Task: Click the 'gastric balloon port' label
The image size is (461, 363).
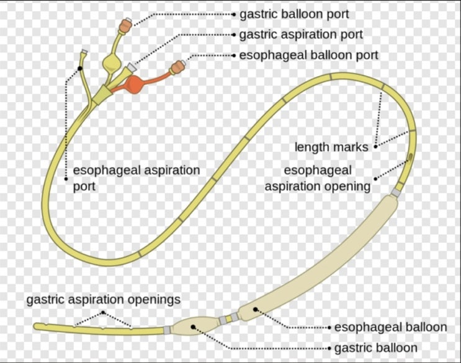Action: [x=294, y=14]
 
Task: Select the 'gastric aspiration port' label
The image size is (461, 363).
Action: [x=301, y=35]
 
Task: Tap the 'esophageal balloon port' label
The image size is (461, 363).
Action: [x=308, y=55]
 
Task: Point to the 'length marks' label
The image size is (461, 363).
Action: [x=331, y=147]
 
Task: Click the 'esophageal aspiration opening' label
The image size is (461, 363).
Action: [x=318, y=178]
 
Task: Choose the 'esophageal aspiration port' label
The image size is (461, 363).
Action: [x=137, y=177]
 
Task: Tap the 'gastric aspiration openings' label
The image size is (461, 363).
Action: [x=103, y=300]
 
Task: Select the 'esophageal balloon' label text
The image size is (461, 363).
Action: [x=390, y=327]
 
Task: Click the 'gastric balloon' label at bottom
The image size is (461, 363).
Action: [x=375, y=348]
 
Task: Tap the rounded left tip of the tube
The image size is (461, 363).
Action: [x=38, y=326]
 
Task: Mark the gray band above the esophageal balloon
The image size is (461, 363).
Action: [x=396, y=194]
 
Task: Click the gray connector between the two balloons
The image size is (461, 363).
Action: [x=224, y=320]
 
